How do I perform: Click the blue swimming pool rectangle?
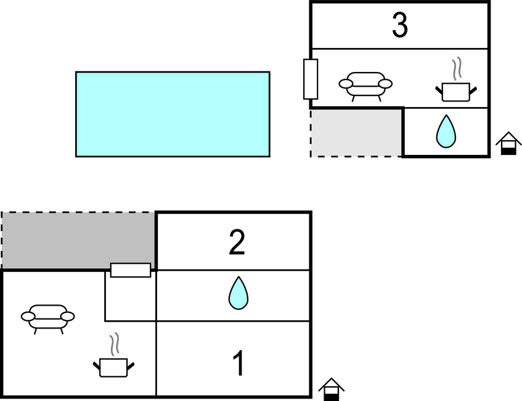(173, 114)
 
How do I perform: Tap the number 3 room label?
(400, 26)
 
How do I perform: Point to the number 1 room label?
(237, 363)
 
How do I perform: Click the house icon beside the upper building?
(508, 143)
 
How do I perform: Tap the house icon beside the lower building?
(332, 389)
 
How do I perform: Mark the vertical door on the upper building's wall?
(311, 79)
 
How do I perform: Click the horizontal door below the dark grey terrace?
(130, 270)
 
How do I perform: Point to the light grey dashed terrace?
(356, 132)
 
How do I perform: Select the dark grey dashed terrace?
(78, 240)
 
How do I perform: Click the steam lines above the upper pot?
(457, 69)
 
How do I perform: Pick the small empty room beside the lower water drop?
(131, 299)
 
